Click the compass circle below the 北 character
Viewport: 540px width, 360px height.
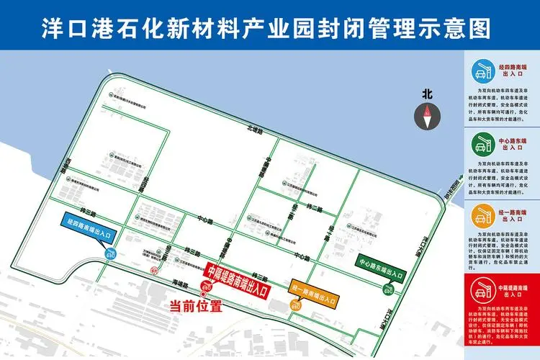[x=427, y=112]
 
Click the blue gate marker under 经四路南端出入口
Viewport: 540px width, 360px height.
[x=112, y=253]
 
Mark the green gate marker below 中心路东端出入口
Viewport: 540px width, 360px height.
[x=388, y=292]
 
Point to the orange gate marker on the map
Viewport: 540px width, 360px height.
[x=295, y=305]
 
